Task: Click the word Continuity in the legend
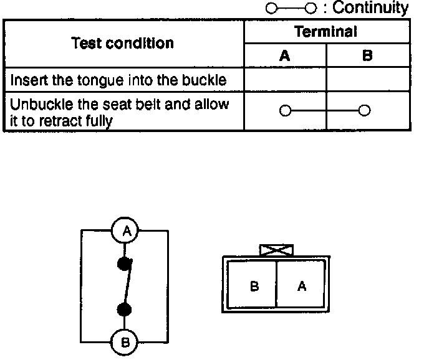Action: pyautogui.click(x=371, y=8)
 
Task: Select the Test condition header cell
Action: pyautogui.click(x=122, y=43)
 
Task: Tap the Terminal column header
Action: pyautogui.click(x=325, y=32)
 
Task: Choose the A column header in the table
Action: pyautogui.click(x=284, y=55)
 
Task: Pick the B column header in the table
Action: pyautogui.click(x=367, y=55)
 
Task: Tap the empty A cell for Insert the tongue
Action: pyautogui.click(x=284, y=80)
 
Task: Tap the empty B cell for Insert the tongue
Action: pyautogui.click(x=367, y=80)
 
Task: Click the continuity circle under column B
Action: pyautogui.click(x=365, y=111)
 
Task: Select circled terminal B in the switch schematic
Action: pyautogui.click(x=125, y=342)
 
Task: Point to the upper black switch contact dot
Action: pyautogui.click(x=125, y=263)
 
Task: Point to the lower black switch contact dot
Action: pyautogui.click(x=125, y=309)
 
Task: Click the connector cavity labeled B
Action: pyautogui.click(x=254, y=287)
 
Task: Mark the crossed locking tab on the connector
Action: pyautogui.click(x=275, y=250)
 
